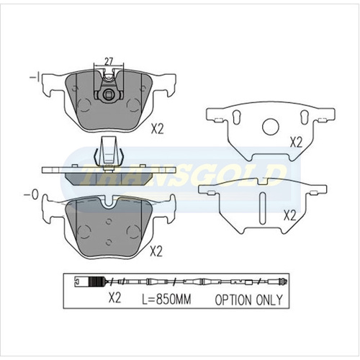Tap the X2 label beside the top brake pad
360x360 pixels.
[x=158, y=130]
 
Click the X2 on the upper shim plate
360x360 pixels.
[x=295, y=142]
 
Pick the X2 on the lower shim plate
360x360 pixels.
[x=290, y=214]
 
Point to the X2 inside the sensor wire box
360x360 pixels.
[x=113, y=297]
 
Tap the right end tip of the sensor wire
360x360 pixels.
[x=289, y=282]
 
